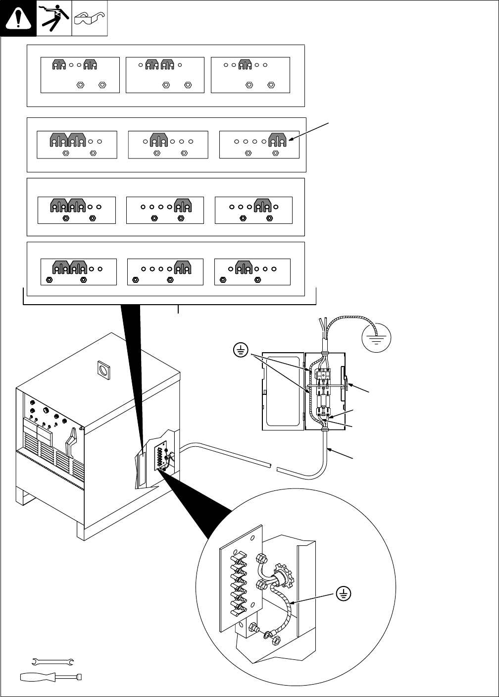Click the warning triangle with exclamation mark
coord(18,19)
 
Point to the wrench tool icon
coord(52,661)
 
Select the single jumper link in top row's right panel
coord(245,65)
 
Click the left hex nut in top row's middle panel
coord(166,85)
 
